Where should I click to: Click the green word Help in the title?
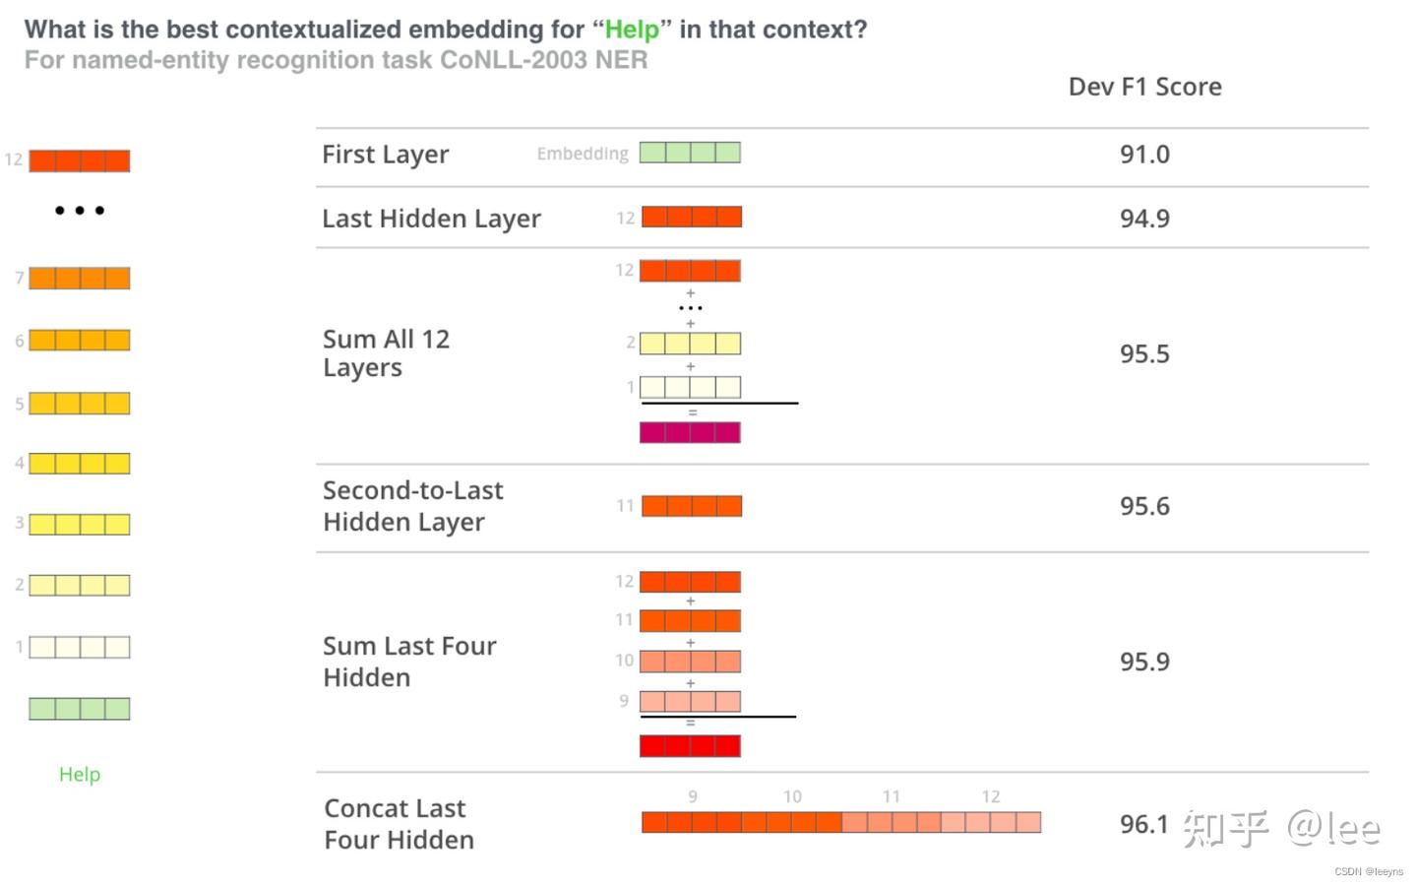coord(632,30)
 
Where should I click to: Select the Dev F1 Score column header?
coord(1144,87)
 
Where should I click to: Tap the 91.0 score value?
coord(1144,155)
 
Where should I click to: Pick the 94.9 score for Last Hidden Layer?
coord(1144,219)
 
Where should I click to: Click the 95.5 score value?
coord(1144,354)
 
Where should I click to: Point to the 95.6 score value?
coord(1144,506)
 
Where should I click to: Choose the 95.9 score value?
coord(1144,662)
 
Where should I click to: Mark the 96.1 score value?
coord(1143,824)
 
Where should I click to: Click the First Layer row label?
coord(385,155)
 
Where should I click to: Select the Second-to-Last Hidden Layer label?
coord(412,506)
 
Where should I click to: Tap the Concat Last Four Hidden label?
coord(399,824)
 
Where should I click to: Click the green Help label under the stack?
coord(80,775)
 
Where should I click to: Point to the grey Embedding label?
coord(583,154)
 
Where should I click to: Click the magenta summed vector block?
coord(690,432)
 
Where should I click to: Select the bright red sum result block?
coord(690,746)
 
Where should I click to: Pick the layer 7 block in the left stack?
coord(80,279)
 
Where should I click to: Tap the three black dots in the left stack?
coord(80,211)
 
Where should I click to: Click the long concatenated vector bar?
coord(841,822)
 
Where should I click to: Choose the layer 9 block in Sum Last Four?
coord(690,702)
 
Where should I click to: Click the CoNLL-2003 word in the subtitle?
coord(514,60)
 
